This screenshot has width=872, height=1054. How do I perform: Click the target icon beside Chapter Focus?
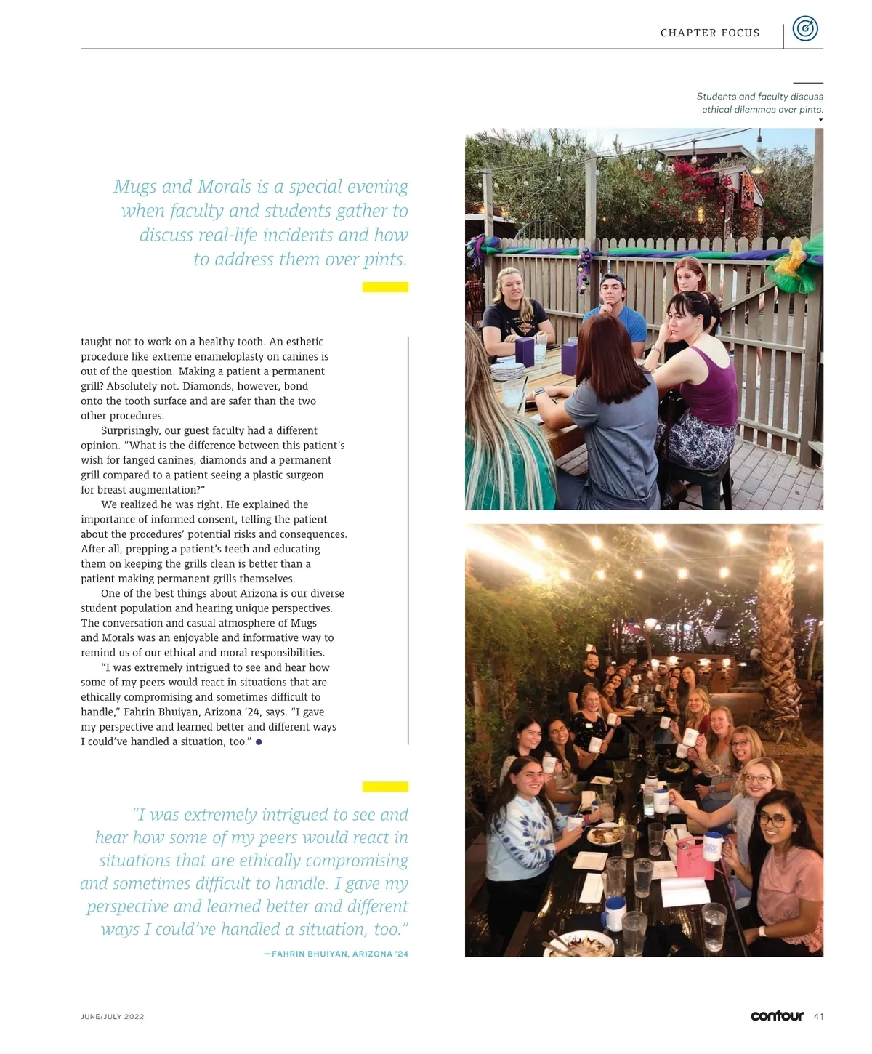tap(804, 29)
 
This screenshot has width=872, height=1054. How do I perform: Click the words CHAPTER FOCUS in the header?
tap(709, 33)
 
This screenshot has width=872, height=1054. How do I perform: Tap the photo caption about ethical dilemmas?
tap(759, 102)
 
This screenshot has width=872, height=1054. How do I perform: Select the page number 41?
tap(818, 1016)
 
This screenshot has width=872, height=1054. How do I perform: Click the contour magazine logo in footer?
tap(777, 1015)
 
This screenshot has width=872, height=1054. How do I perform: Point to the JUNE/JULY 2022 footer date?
tap(112, 1017)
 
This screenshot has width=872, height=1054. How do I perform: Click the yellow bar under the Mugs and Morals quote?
tap(385, 287)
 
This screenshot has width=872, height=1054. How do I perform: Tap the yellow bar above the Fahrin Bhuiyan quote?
tap(385, 787)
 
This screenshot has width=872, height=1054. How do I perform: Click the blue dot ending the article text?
tap(259, 742)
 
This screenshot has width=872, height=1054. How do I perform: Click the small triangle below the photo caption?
tap(820, 120)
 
